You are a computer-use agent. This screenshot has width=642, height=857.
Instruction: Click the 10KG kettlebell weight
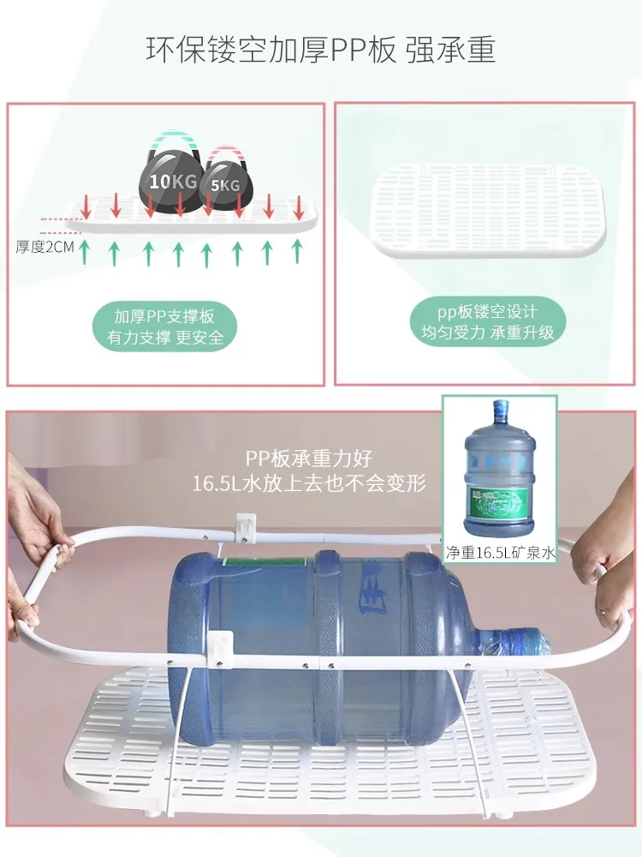click(172, 179)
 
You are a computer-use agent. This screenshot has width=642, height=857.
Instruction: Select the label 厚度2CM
click(45, 248)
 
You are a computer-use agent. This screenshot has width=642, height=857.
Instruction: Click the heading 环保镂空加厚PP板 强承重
click(321, 51)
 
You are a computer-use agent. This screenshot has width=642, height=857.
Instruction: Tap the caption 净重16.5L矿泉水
click(501, 553)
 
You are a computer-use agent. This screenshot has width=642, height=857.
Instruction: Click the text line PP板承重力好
click(309, 458)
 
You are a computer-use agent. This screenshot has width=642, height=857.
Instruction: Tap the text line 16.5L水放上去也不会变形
click(309, 483)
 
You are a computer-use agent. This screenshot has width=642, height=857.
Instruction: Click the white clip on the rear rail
click(246, 527)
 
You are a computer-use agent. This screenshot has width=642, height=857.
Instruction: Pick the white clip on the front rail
click(221, 645)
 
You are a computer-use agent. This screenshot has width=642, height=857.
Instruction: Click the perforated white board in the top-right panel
click(489, 211)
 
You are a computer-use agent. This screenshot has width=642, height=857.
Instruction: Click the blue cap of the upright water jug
click(501, 407)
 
